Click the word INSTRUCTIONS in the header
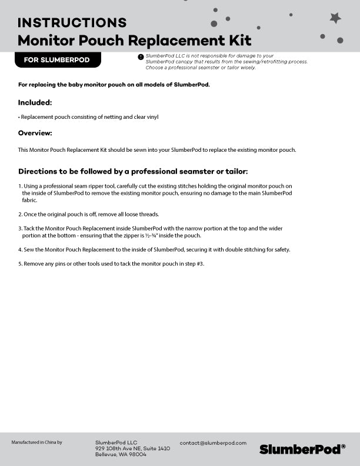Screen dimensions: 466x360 72,23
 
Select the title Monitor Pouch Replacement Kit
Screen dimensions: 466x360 135,41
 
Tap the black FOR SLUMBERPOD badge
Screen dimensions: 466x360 57,60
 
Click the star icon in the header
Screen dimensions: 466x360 335,18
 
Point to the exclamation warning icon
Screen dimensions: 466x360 141,56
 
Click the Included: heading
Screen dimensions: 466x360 35,102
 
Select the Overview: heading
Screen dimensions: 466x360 35,133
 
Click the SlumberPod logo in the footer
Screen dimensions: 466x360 302,449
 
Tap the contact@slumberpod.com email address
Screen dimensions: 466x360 213,442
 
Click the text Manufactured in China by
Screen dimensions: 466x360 36,442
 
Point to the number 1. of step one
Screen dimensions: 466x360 20,186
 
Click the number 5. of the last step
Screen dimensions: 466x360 20,264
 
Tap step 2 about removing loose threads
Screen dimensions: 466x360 91,214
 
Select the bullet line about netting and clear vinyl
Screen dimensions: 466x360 88,117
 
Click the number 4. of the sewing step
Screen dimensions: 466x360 20,249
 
